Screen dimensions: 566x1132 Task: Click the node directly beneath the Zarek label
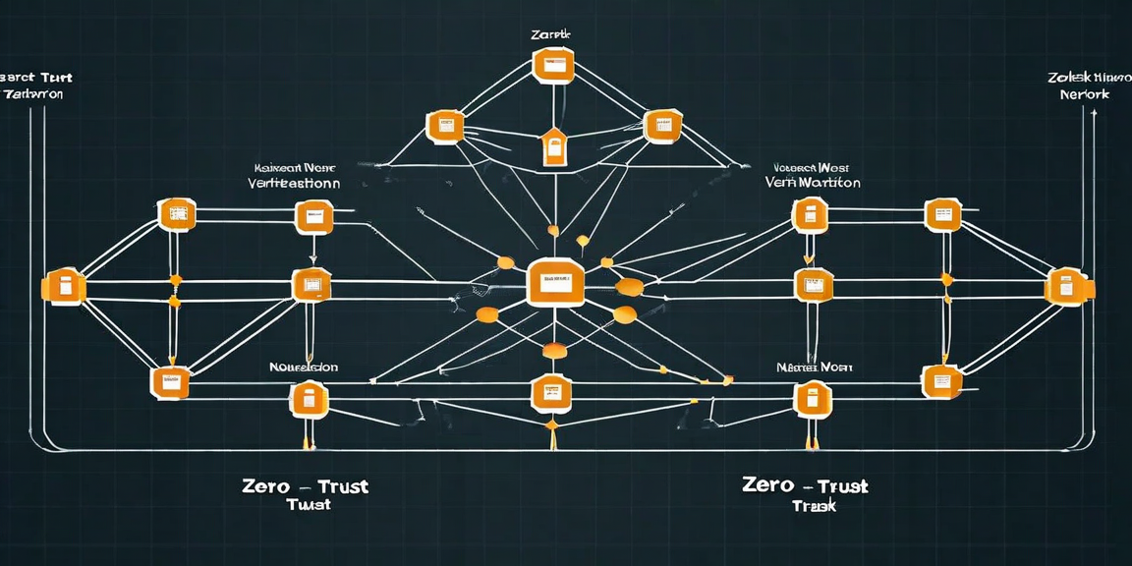point(551,66)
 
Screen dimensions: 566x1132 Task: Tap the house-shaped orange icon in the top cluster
point(554,147)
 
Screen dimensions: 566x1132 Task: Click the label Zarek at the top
point(550,34)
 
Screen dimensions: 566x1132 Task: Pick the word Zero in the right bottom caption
point(768,484)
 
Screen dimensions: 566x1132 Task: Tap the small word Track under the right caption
point(813,506)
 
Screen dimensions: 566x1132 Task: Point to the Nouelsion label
point(304,368)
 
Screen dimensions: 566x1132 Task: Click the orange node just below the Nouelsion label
point(308,399)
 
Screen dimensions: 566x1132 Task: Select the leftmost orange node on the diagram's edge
point(63,287)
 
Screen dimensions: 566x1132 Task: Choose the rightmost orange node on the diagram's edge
point(1065,286)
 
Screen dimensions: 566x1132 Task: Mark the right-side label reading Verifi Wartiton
point(812,176)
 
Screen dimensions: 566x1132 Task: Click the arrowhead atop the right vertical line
point(1089,114)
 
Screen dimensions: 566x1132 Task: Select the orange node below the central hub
point(550,393)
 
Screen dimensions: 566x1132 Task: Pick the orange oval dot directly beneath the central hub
point(553,351)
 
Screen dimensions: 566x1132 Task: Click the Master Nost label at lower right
point(814,368)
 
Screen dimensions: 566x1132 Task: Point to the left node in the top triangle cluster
point(444,126)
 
